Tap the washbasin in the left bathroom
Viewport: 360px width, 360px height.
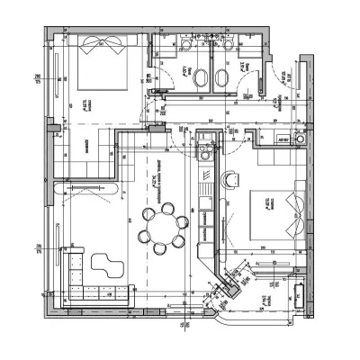click(186, 45)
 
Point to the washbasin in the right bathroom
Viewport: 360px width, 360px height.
click(229, 45)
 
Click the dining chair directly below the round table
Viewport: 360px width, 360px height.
click(163, 247)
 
